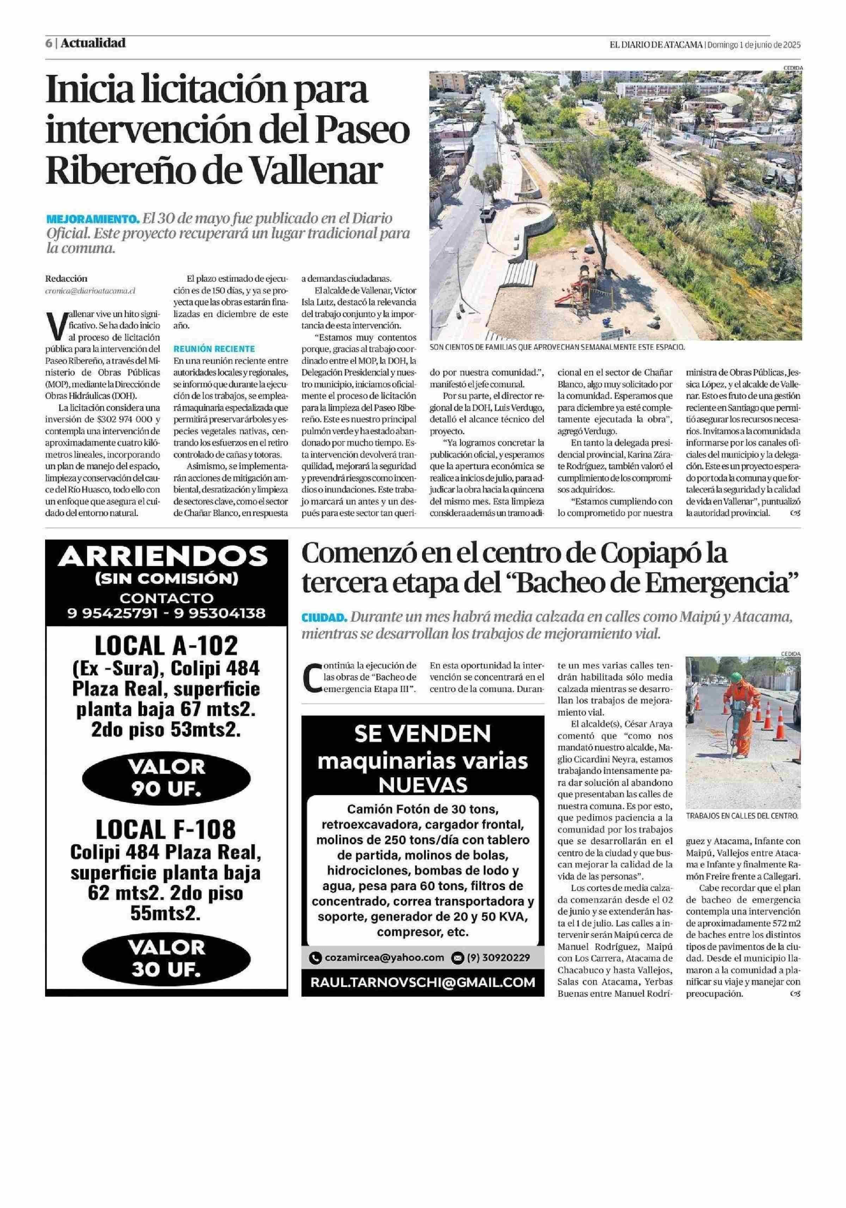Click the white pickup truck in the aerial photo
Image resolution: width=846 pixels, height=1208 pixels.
pyautogui.click(x=486, y=214)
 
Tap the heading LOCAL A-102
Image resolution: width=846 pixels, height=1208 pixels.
pyautogui.click(x=166, y=645)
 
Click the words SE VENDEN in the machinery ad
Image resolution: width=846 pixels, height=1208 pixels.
pyautogui.click(x=422, y=733)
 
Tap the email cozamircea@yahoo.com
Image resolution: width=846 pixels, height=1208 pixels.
pyautogui.click(x=384, y=958)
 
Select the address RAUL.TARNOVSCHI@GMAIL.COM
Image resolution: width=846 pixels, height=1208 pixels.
pyautogui.click(x=422, y=982)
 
